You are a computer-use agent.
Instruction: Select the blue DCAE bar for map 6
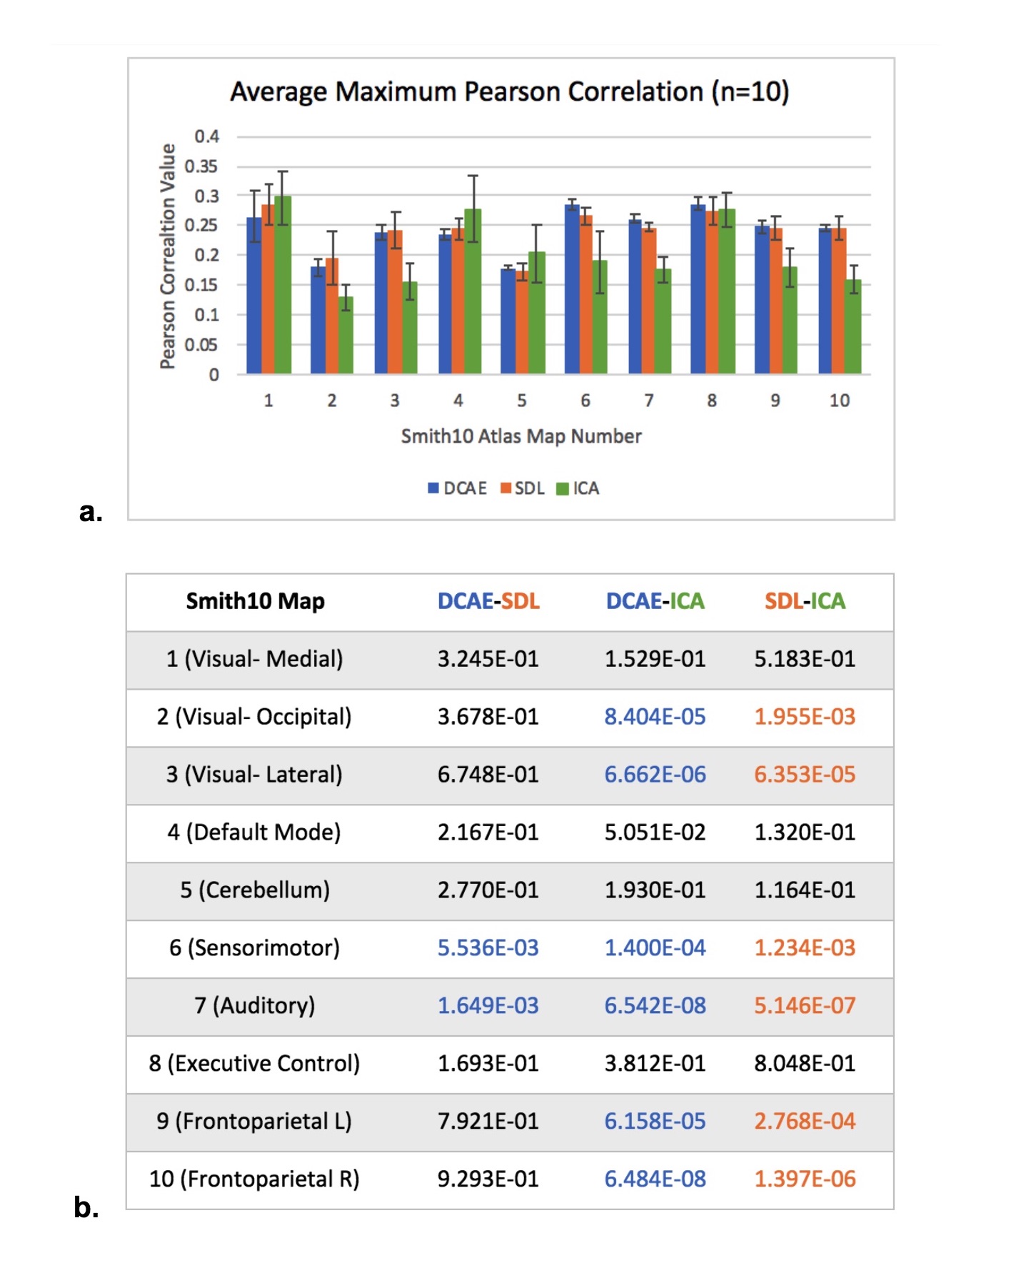click(x=571, y=289)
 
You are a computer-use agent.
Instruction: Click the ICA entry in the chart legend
click(x=578, y=488)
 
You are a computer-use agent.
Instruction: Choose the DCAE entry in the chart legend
click(x=457, y=488)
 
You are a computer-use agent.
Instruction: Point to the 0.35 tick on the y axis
click(x=201, y=166)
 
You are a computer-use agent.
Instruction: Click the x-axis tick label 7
click(x=648, y=401)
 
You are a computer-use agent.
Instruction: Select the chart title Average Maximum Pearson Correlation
click(x=509, y=92)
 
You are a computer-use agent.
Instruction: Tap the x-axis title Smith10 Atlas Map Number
click(x=521, y=436)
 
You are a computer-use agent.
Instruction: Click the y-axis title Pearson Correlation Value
click(x=167, y=256)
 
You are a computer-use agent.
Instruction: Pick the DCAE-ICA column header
click(x=655, y=601)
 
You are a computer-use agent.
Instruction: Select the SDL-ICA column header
click(x=805, y=601)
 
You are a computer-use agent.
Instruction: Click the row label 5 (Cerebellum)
click(x=255, y=890)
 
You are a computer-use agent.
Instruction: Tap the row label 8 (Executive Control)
click(x=254, y=1064)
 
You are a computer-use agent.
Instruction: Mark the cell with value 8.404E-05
click(x=655, y=717)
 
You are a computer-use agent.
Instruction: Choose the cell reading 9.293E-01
click(x=488, y=1179)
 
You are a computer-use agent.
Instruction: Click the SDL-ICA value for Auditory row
click(x=805, y=1006)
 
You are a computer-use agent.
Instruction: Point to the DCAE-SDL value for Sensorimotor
click(x=488, y=948)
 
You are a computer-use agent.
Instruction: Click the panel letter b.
click(x=86, y=1207)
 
